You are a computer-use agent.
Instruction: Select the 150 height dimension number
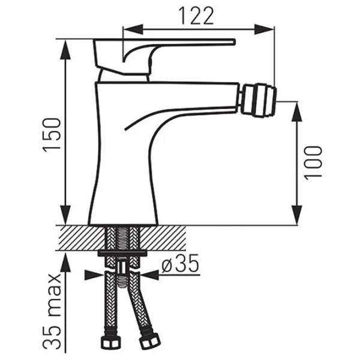[x=52, y=135]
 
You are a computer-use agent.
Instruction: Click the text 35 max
[x=52, y=311]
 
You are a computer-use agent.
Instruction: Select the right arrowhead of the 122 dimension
[x=264, y=29]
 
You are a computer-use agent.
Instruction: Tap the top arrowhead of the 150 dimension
[x=66, y=49]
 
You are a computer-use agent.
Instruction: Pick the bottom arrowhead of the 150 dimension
[x=65, y=215]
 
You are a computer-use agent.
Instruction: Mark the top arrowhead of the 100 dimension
[x=297, y=112]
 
